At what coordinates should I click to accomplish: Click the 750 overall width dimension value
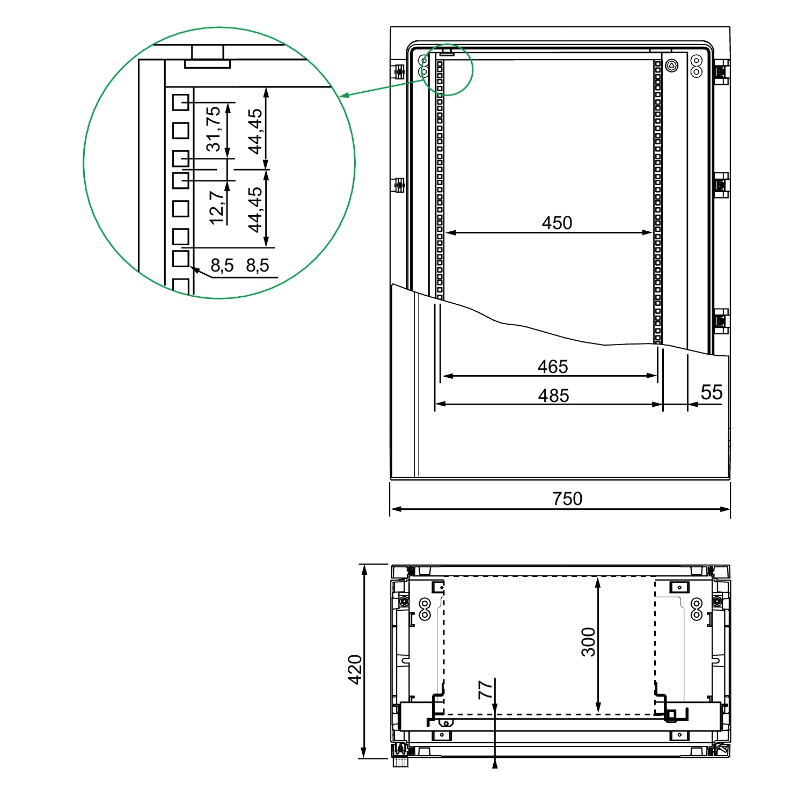pyautogui.click(x=567, y=499)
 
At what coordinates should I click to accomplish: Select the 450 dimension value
pyautogui.click(x=557, y=223)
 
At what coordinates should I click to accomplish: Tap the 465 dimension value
pyautogui.click(x=553, y=367)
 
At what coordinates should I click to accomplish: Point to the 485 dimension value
pyautogui.click(x=553, y=396)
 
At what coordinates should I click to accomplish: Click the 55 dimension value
pyautogui.click(x=712, y=392)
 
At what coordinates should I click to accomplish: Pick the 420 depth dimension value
pyautogui.click(x=355, y=669)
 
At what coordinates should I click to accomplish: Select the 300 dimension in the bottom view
pyautogui.click(x=589, y=642)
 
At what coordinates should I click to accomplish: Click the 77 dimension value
pyautogui.click(x=485, y=690)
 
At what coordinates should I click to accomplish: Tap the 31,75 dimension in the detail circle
pyautogui.click(x=214, y=129)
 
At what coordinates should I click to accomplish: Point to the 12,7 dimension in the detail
pyautogui.click(x=217, y=208)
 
